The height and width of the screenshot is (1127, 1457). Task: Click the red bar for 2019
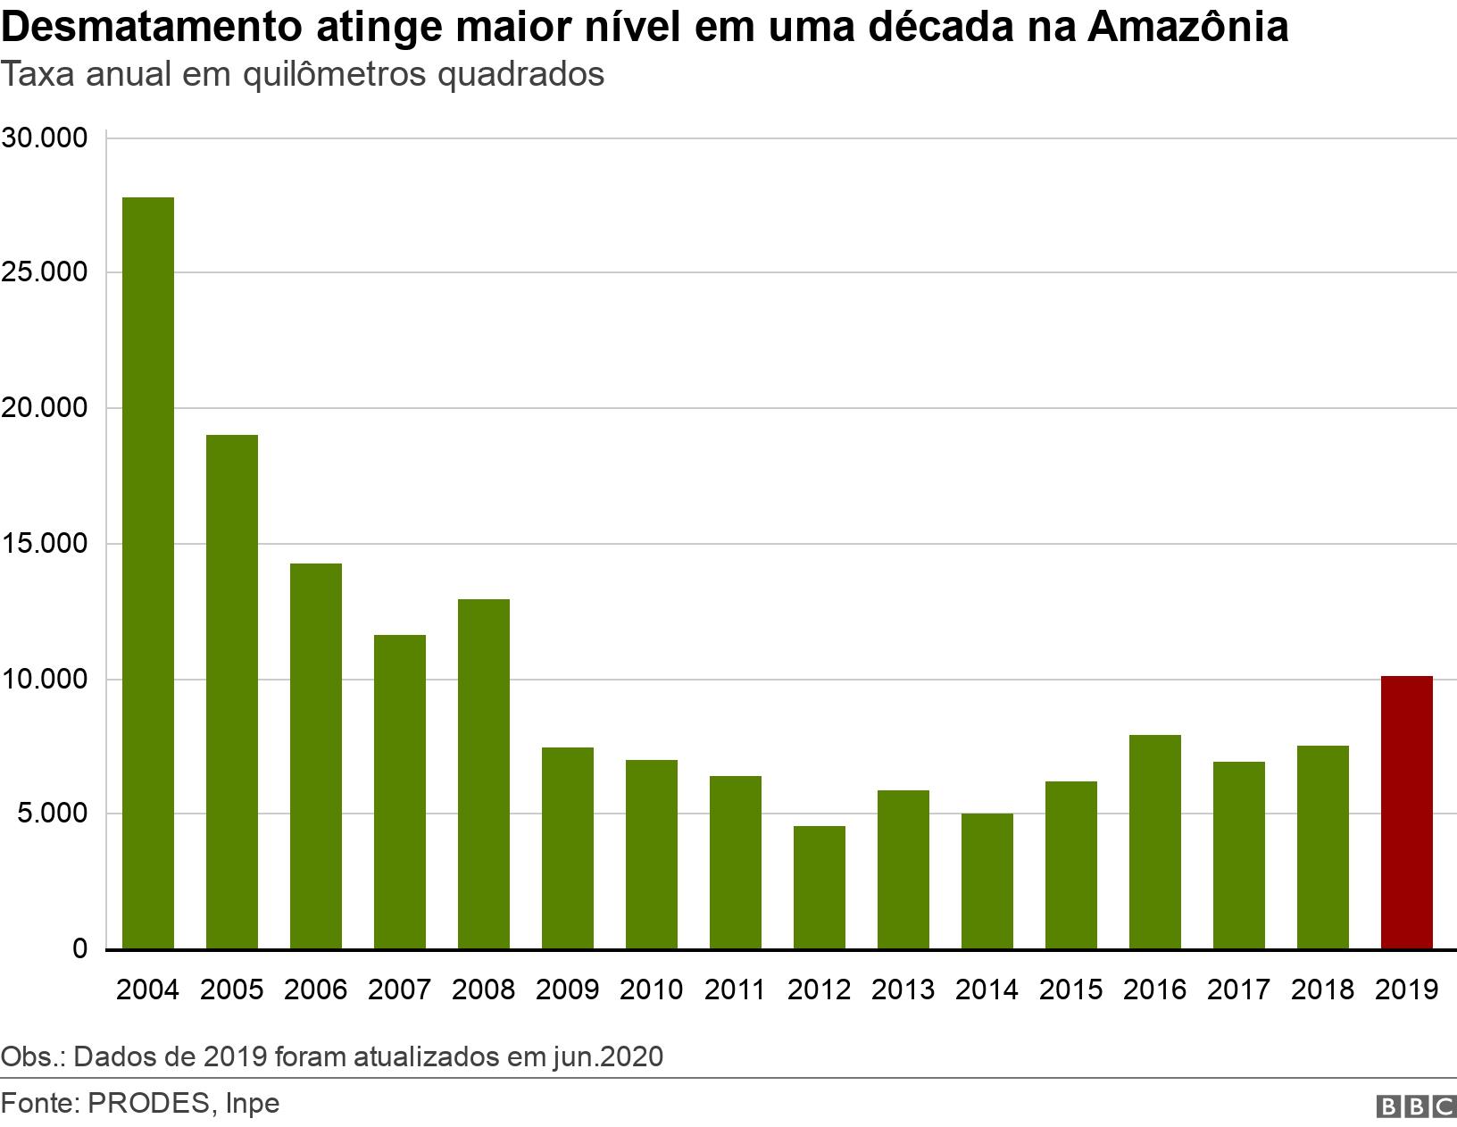tap(1407, 812)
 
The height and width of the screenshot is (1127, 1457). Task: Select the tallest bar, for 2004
tap(148, 572)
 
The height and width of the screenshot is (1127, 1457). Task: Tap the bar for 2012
tap(820, 887)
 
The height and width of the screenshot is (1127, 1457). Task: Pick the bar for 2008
tap(483, 773)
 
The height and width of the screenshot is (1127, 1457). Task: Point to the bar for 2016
tap(1154, 841)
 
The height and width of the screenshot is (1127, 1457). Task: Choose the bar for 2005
tap(232, 691)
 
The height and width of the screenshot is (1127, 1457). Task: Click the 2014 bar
tap(987, 881)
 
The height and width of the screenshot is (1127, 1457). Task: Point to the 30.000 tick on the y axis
tap(45, 138)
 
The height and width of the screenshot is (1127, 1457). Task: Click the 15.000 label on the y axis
tap(45, 543)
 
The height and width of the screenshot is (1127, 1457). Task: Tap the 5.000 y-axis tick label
tap(53, 814)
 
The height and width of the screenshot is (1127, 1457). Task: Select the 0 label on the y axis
tap(79, 948)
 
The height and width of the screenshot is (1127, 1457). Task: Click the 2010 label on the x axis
tap(651, 989)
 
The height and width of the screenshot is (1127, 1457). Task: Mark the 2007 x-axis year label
tap(399, 989)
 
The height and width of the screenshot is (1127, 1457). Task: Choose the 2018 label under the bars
tap(1322, 989)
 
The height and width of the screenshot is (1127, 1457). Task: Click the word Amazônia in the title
tap(1187, 26)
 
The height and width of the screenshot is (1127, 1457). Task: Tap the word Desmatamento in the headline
tap(152, 26)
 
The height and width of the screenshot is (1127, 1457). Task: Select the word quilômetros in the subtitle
tap(335, 75)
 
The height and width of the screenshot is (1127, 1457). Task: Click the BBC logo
tap(1415, 1106)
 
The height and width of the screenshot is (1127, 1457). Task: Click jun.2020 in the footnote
tap(608, 1056)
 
